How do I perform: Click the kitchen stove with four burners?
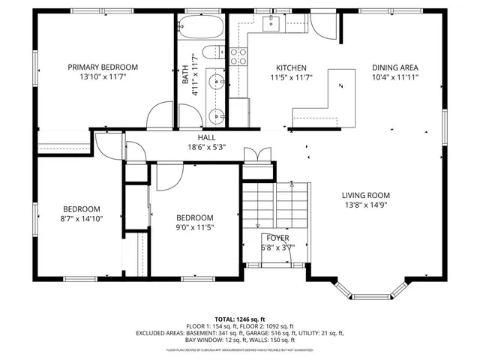pyautogui.click(x=238, y=55)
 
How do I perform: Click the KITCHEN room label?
pyautogui.click(x=291, y=67)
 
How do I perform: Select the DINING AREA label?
pyautogui.click(x=395, y=67)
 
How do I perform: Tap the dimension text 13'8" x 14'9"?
pyautogui.click(x=367, y=205)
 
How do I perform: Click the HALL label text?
pyautogui.click(x=206, y=138)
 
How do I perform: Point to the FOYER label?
pyautogui.click(x=278, y=238)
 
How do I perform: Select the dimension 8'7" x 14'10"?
pyautogui.click(x=81, y=219)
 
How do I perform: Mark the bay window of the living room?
pyautogui.click(x=370, y=290)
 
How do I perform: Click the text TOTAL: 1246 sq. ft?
pyautogui.click(x=240, y=319)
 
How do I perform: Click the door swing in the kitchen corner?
pyautogui.click(x=323, y=26)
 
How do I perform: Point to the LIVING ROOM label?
pyautogui.click(x=367, y=195)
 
